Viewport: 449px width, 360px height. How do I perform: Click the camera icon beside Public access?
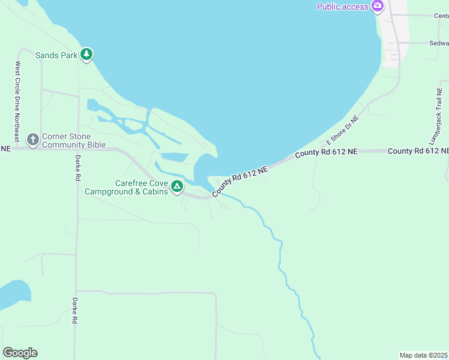click(x=377, y=7)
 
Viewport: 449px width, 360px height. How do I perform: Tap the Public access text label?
click(x=343, y=7)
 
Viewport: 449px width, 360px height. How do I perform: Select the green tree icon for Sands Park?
click(x=87, y=55)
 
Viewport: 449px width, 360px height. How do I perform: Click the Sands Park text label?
click(x=56, y=55)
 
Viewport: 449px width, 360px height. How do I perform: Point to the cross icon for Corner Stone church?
click(x=33, y=140)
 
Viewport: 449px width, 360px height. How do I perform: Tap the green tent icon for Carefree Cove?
click(x=177, y=187)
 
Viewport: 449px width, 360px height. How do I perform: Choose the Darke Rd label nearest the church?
click(x=77, y=168)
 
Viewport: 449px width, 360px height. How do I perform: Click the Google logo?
click(x=20, y=353)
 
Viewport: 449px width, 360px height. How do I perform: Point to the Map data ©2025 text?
click(x=423, y=355)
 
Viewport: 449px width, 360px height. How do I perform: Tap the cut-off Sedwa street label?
click(x=439, y=43)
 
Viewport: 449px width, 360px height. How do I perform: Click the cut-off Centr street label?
click(x=441, y=16)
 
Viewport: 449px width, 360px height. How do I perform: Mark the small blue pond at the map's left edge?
click(x=13, y=294)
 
